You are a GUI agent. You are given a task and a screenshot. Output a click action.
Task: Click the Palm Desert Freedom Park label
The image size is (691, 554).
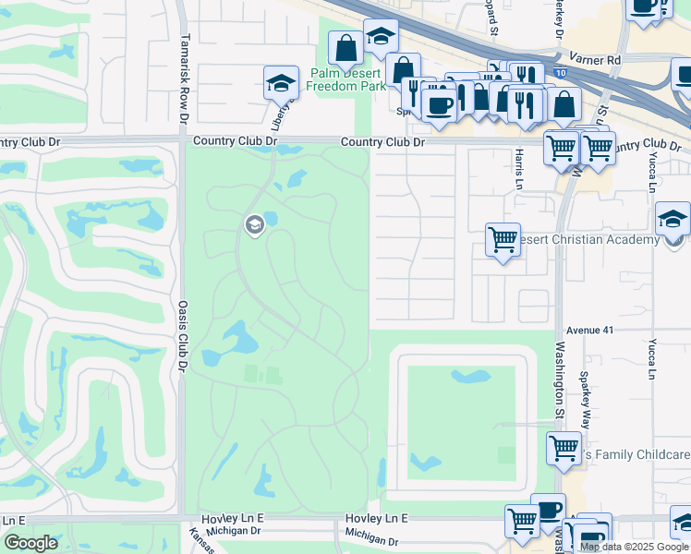[345, 79]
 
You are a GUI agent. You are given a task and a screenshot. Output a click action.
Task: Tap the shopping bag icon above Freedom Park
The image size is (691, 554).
[345, 47]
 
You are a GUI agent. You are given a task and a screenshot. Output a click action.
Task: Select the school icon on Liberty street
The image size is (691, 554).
[281, 83]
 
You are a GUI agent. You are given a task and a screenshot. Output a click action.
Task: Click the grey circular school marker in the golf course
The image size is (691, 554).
[253, 224]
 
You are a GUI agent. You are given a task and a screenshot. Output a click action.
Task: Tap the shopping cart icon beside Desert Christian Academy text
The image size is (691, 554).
[503, 239]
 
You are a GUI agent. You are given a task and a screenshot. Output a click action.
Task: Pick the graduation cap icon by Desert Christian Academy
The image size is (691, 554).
[673, 219]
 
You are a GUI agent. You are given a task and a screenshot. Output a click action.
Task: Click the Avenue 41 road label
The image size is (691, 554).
[589, 329]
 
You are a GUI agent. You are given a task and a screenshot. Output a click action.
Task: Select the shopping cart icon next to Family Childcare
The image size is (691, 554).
[564, 449]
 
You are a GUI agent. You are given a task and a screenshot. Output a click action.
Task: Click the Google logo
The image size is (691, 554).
[30, 542]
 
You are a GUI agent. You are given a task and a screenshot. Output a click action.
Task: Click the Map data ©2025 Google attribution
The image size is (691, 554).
[633, 547]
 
